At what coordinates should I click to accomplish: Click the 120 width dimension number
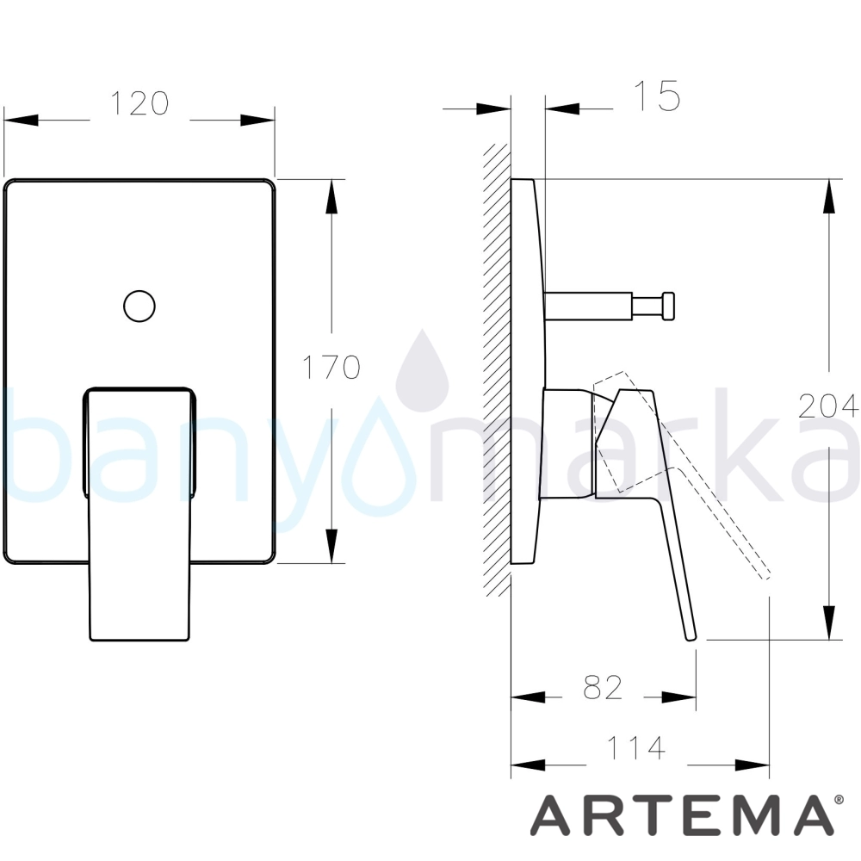tap(139, 103)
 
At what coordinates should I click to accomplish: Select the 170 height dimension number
tap(331, 367)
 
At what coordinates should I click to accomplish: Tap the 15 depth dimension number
tap(657, 96)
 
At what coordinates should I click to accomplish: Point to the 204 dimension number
tap(828, 406)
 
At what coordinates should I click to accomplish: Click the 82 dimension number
tap(603, 687)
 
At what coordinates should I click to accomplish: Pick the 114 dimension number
tap(636, 747)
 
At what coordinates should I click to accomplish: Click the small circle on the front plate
tap(139, 306)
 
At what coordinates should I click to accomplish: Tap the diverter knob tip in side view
tap(668, 306)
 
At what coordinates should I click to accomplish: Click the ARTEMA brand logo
tap(681, 816)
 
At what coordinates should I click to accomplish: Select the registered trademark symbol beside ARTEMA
tap(839, 800)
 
